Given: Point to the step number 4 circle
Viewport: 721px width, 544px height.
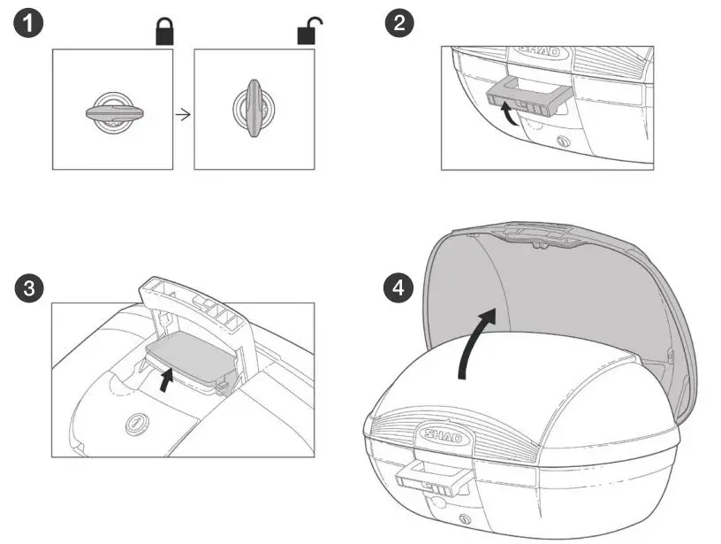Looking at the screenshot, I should (x=399, y=287).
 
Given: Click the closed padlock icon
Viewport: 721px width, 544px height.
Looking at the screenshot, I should (x=164, y=34).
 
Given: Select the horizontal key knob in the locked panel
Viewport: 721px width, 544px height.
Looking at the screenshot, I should (x=112, y=111).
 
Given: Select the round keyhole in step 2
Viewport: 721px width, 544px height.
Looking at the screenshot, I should (x=563, y=142).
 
